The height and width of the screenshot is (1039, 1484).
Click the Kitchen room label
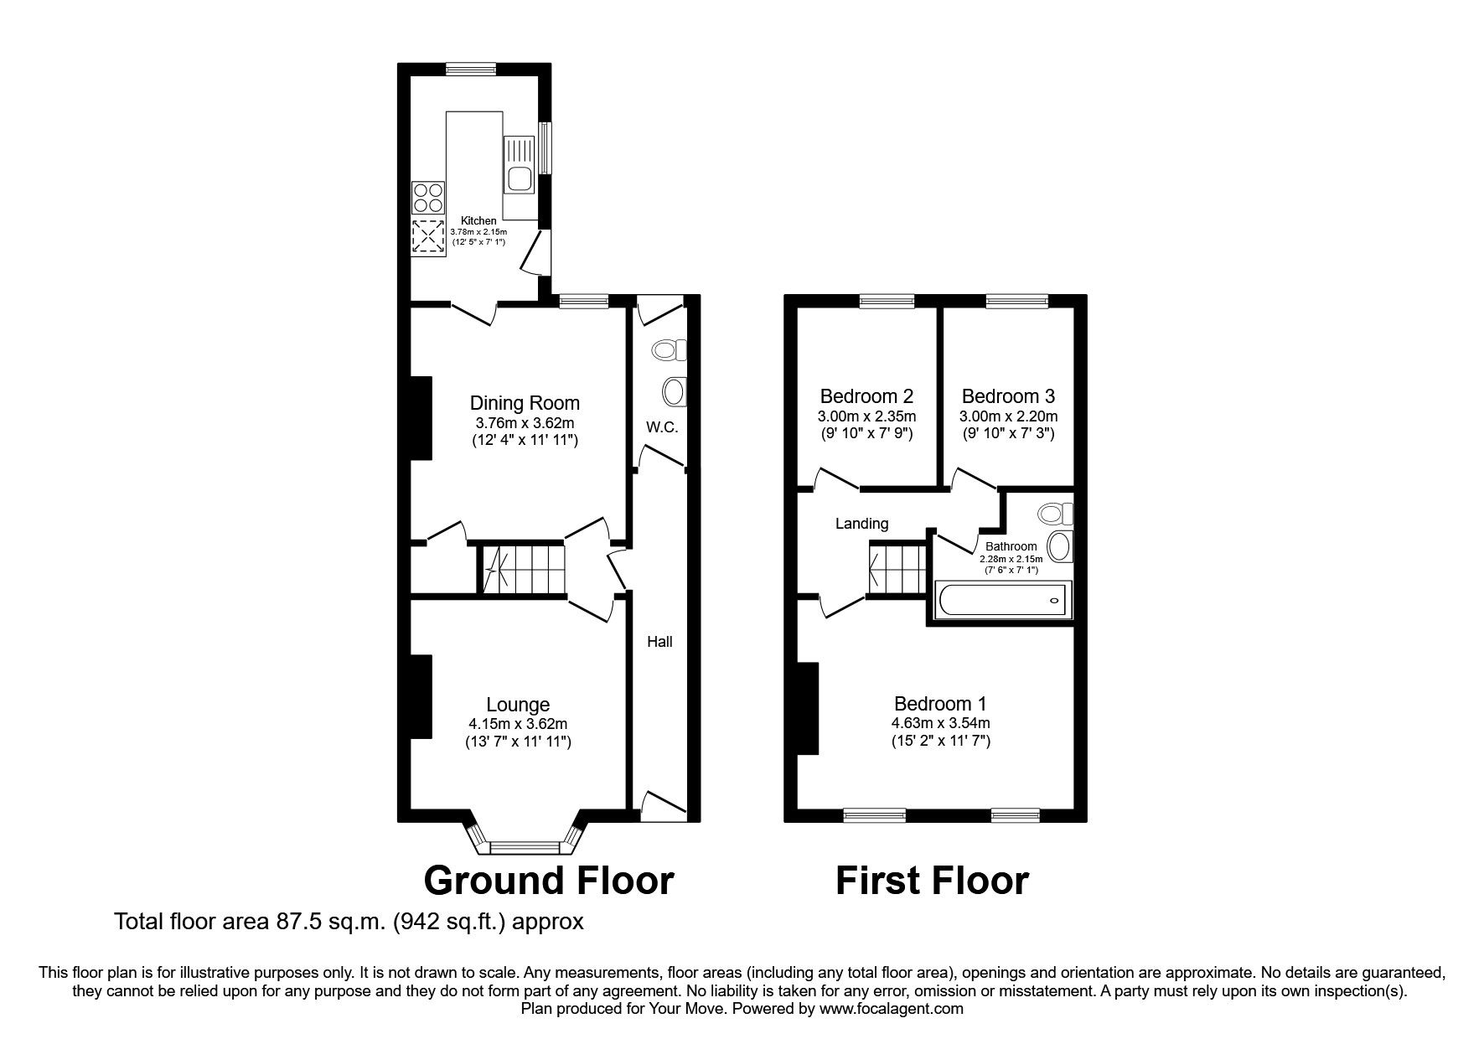coord(478,220)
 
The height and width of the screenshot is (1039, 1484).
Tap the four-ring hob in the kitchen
coord(427,197)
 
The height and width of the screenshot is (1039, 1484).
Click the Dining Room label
coord(525,403)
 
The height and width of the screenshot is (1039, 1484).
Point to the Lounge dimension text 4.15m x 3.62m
coord(520,724)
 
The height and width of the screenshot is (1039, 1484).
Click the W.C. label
coord(662,427)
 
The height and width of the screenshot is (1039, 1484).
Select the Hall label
coord(659,642)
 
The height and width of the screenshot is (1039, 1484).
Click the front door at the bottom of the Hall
coord(663,804)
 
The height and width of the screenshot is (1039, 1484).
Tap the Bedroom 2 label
coord(866,396)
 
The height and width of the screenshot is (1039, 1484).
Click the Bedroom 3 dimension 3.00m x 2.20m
coord(1008,416)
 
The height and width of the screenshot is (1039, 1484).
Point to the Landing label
coord(861,524)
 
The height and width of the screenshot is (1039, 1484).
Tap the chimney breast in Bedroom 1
coord(807,709)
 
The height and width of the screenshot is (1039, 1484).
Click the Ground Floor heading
coord(549,881)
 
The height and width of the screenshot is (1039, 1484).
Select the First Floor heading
coord(932,881)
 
